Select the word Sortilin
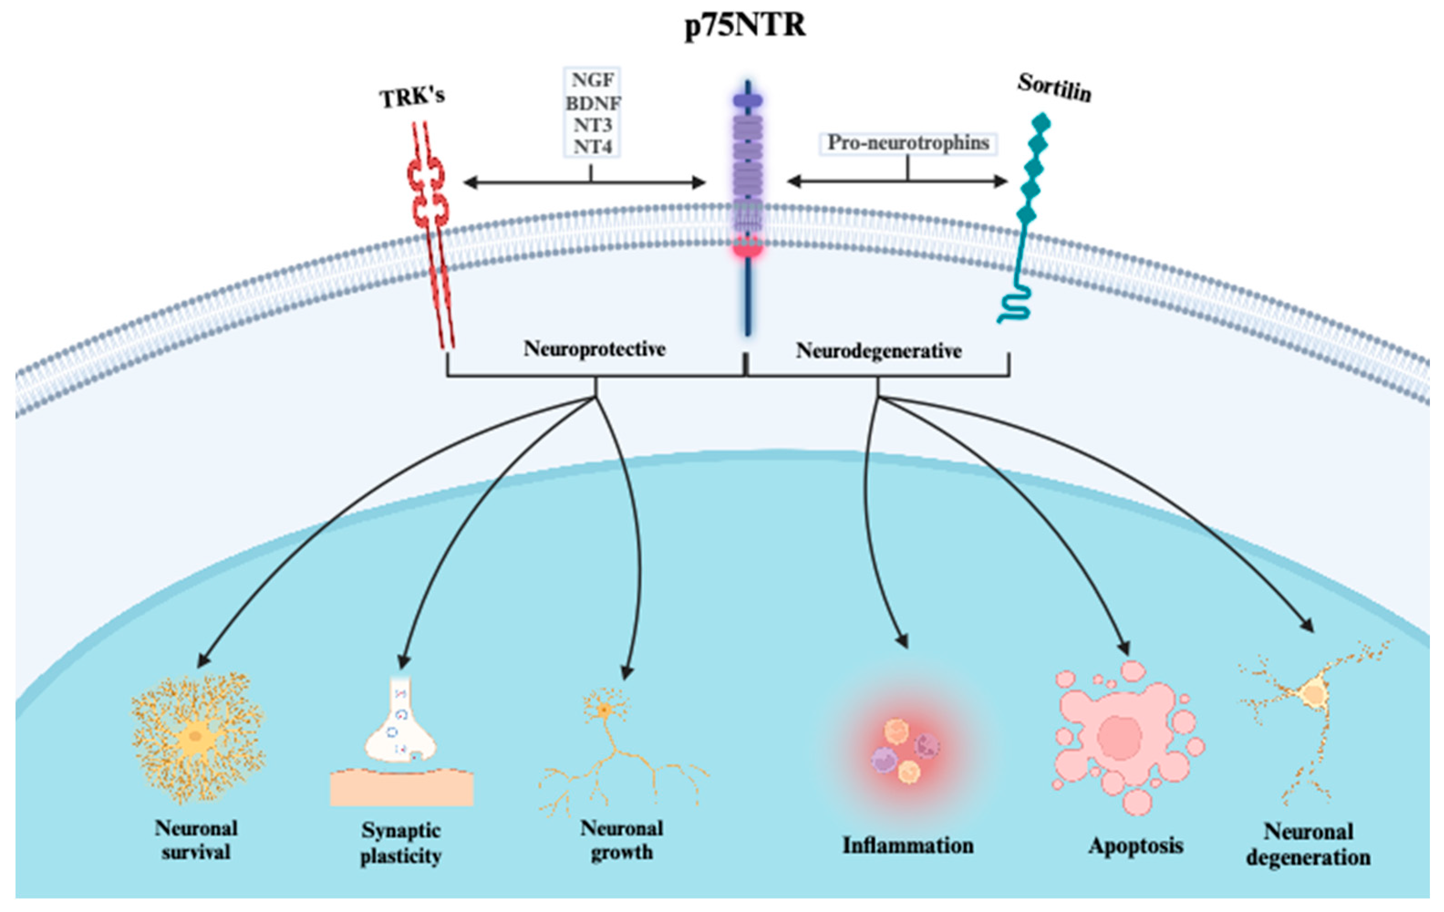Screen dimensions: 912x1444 coord(1054,88)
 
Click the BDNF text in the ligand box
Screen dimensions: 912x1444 coord(592,103)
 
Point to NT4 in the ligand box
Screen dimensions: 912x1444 coord(592,146)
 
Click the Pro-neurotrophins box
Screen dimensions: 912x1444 coord(908,143)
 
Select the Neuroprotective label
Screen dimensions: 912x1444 coord(594,348)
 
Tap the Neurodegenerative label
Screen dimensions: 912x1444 coord(879,351)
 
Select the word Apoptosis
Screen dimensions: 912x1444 coord(1136,845)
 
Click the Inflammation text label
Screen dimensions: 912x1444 coord(907,845)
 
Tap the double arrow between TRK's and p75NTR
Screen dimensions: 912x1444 coord(585,181)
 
